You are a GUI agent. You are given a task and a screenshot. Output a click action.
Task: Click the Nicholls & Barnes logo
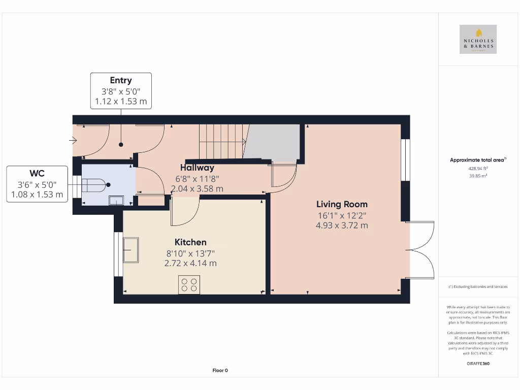click(478, 39)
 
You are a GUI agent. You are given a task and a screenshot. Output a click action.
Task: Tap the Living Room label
click(342, 204)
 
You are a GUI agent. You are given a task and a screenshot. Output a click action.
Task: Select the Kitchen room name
click(190, 242)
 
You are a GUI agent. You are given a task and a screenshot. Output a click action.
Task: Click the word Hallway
click(197, 168)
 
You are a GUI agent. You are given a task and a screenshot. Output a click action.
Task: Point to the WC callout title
click(37, 173)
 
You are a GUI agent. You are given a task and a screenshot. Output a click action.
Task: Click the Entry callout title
click(121, 80)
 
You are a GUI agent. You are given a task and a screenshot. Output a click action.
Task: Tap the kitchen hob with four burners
click(189, 284)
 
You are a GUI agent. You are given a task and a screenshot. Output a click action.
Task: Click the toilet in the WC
click(95, 185)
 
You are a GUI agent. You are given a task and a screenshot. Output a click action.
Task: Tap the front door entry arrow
click(74, 141)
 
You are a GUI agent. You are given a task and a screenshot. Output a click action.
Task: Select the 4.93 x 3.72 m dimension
click(342, 225)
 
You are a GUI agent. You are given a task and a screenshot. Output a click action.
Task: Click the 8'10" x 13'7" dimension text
click(190, 253)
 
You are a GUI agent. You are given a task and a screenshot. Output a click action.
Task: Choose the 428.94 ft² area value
click(478, 168)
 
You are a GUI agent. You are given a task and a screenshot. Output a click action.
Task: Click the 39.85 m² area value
click(478, 175)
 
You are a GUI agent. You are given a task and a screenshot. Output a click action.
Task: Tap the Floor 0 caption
click(220, 371)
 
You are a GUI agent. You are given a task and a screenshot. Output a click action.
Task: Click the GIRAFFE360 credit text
click(478, 364)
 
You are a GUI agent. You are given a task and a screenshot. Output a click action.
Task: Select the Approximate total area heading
click(477, 160)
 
